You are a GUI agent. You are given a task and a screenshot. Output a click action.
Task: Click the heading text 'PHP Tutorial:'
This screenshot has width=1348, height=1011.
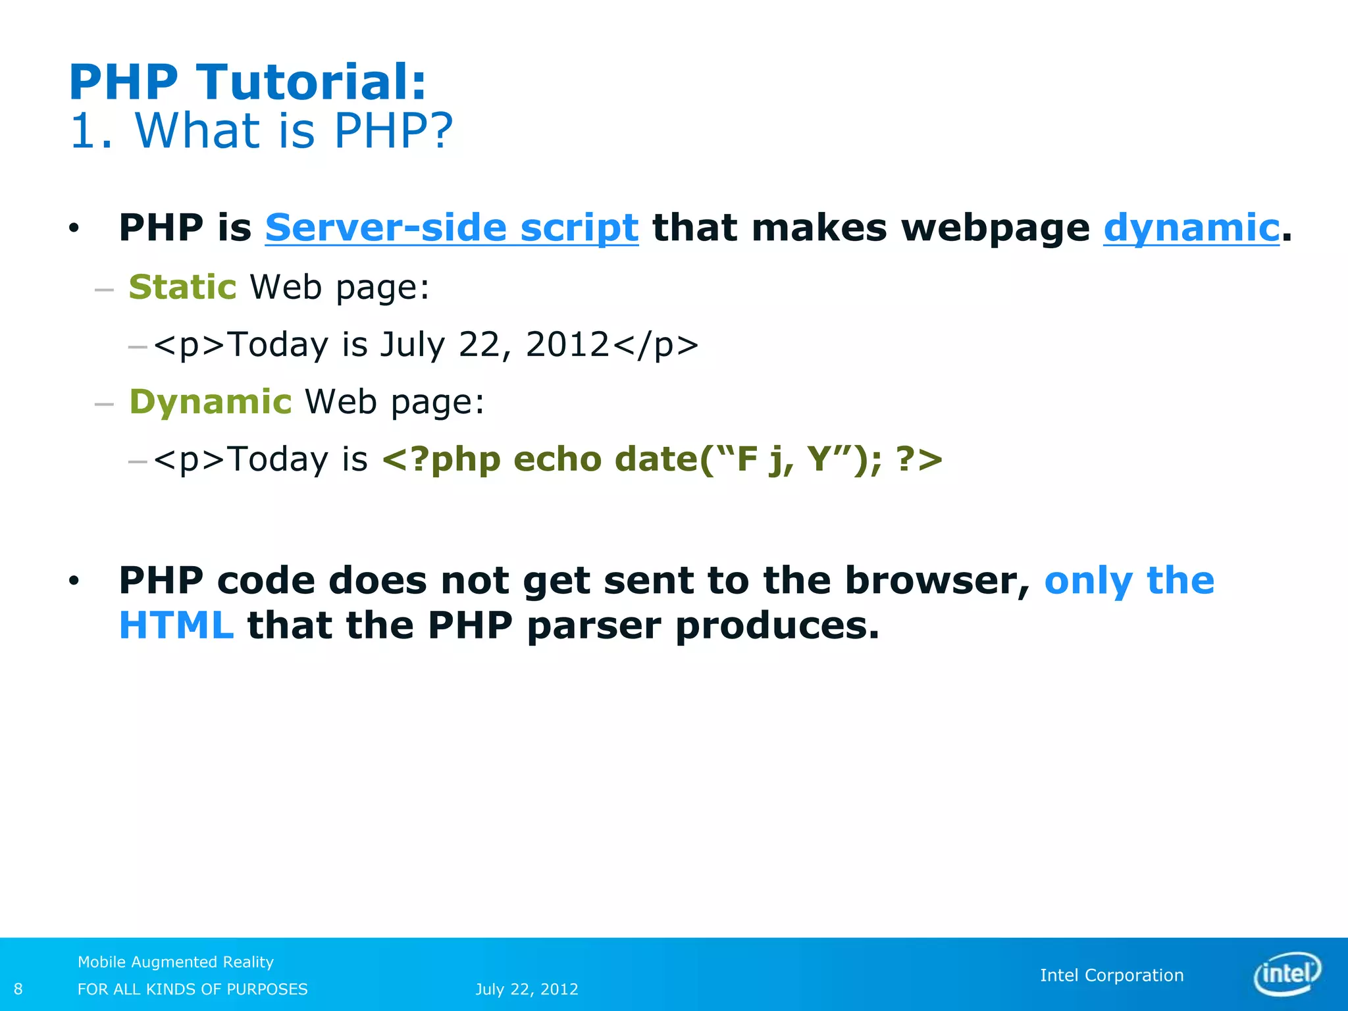click(247, 82)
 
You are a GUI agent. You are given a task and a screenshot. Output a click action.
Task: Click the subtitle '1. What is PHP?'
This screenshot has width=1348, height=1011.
click(261, 130)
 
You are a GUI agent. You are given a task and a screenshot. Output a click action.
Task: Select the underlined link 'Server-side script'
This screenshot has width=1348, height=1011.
click(452, 228)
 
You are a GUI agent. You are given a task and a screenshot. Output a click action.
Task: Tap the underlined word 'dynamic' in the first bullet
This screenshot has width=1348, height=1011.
click(1191, 228)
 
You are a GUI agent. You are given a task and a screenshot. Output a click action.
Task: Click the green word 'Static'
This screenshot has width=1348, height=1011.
click(182, 287)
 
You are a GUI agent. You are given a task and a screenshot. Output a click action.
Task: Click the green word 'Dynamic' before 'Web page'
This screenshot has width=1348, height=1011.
click(210, 402)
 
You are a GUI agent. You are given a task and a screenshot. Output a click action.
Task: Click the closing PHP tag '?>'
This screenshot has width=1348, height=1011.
click(919, 459)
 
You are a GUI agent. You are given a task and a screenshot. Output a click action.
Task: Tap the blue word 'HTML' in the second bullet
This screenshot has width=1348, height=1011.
click(176, 625)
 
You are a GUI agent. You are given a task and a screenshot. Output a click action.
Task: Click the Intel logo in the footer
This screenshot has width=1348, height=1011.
click(1287, 973)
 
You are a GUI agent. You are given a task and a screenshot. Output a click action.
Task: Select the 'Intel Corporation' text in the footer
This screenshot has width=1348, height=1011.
click(1112, 975)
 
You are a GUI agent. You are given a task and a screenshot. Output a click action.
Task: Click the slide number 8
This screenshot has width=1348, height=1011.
click(18, 989)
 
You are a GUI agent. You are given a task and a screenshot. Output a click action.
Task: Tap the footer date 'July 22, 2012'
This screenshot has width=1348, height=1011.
click(527, 989)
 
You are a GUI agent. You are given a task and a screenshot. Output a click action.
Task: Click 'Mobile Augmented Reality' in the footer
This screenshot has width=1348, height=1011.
click(175, 962)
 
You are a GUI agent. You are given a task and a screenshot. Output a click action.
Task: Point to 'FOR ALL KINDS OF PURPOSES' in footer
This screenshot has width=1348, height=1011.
click(192, 989)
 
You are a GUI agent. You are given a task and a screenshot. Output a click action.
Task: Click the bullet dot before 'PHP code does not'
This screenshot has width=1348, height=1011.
click(74, 581)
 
